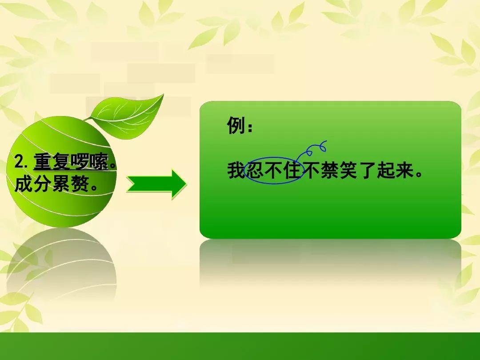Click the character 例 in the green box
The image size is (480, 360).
(x=236, y=125)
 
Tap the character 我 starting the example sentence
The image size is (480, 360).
(x=236, y=170)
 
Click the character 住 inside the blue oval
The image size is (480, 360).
(x=292, y=170)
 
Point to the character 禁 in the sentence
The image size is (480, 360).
(x=329, y=170)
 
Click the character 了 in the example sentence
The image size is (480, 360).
(x=367, y=170)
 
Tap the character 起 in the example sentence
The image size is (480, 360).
(x=385, y=170)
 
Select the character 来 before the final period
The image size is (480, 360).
(x=404, y=170)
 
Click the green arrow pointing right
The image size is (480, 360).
(x=156, y=184)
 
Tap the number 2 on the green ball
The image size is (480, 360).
(x=19, y=162)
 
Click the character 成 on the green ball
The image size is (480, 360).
(x=24, y=184)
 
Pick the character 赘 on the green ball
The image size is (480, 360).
(x=80, y=184)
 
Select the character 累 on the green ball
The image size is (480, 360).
(x=61, y=184)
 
